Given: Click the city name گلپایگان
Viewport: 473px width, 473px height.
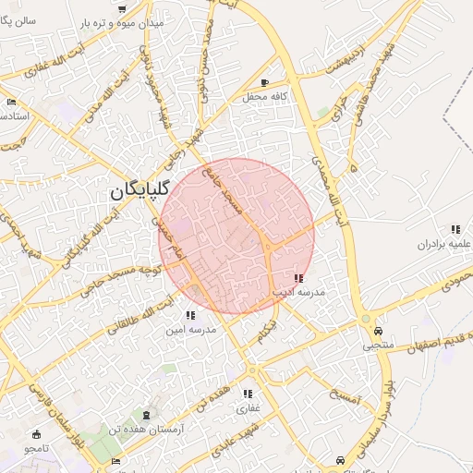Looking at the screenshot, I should tap(139, 191).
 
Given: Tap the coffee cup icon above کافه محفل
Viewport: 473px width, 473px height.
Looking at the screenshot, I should tap(266, 83).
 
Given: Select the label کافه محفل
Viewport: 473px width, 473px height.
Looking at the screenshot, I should tap(266, 96).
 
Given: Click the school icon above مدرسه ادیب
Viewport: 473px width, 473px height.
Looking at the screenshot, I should tap(297, 278).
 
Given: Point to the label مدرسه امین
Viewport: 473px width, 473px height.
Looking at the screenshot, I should tap(190, 329).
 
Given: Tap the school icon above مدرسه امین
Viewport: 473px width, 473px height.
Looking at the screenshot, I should tap(190, 315).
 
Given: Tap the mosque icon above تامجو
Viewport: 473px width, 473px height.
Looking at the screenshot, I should tap(37, 434).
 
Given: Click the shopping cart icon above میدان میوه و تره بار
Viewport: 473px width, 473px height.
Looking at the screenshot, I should tap(123, 7).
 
